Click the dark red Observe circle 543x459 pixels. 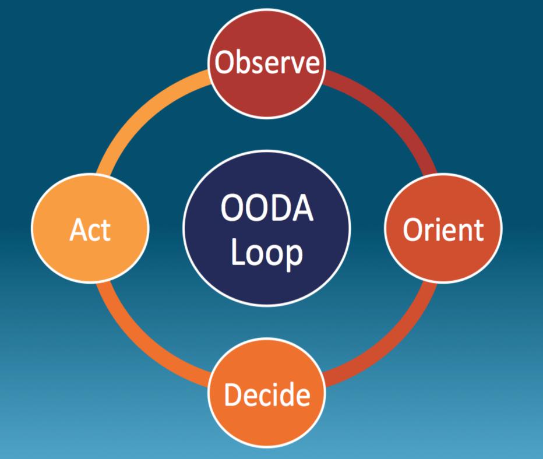pos(267,87)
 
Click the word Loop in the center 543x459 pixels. pos(267,254)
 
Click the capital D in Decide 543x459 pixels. pos(233,394)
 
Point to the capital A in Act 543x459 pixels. pos(77,230)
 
